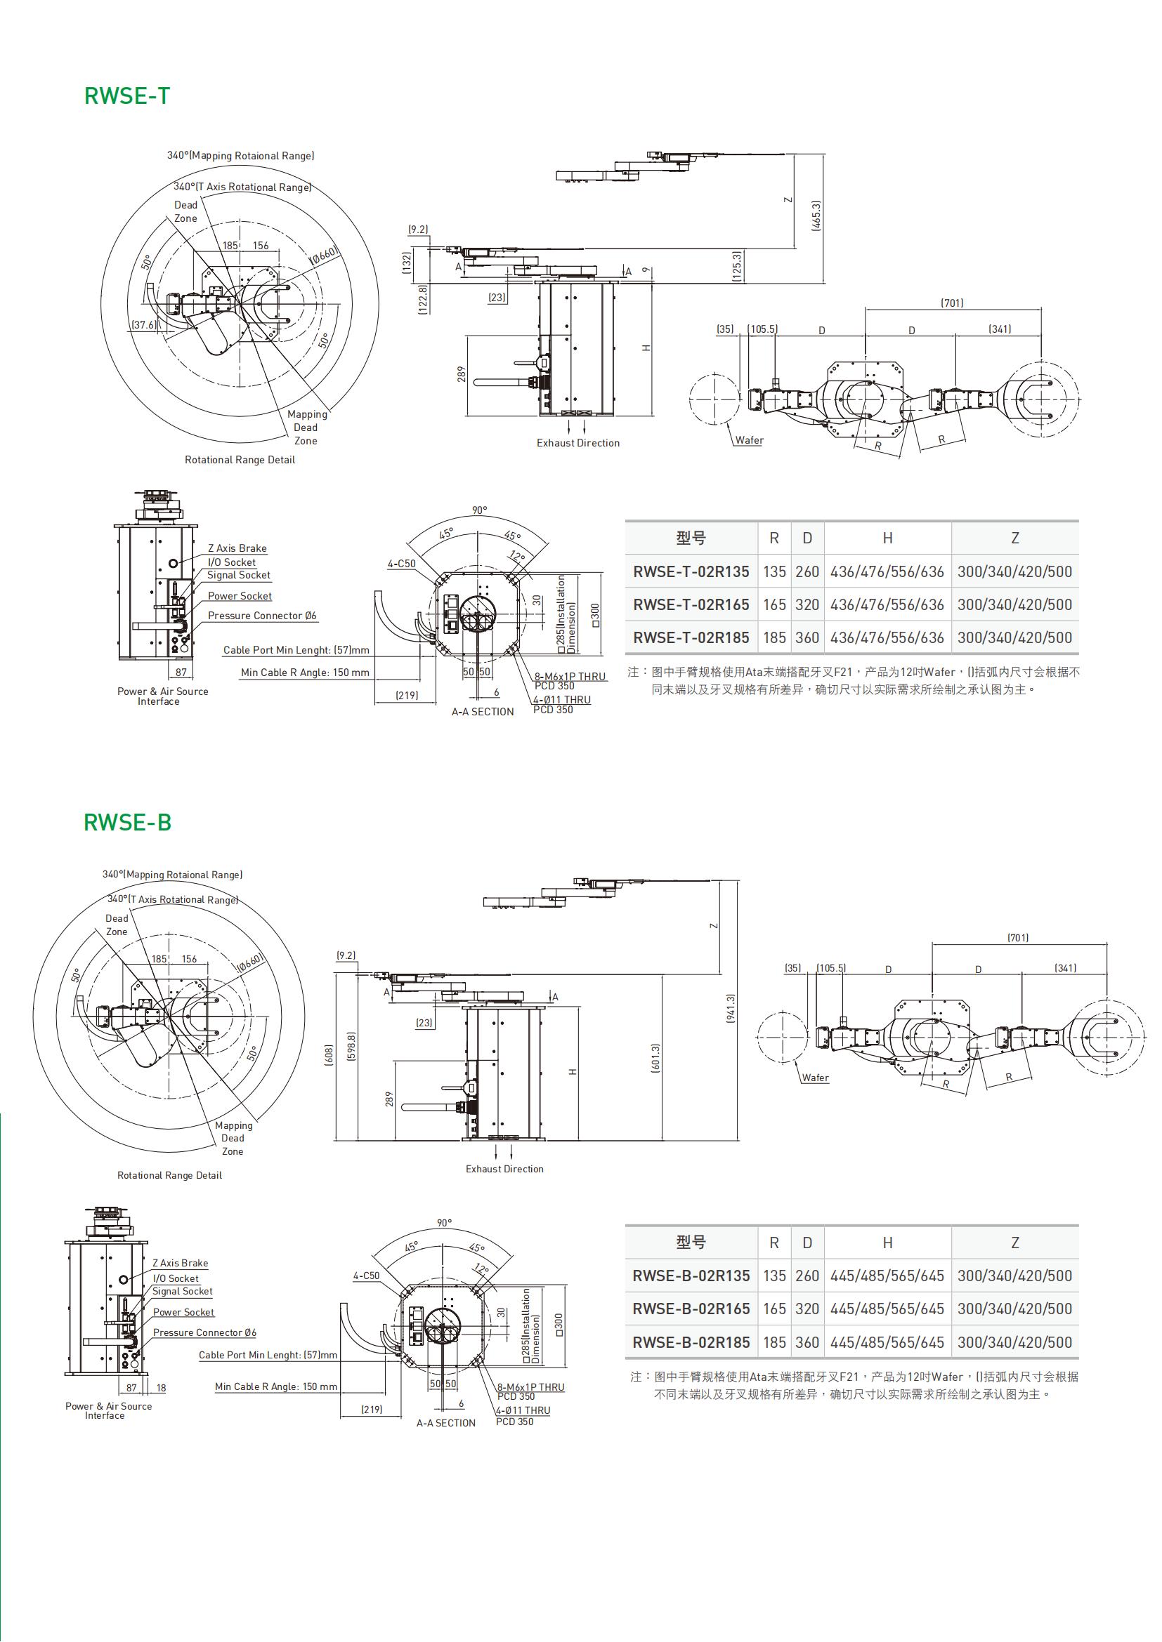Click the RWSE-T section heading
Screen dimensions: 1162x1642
(126, 96)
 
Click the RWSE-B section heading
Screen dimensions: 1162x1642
(127, 823)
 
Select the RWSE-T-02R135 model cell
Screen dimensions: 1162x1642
(691, 571)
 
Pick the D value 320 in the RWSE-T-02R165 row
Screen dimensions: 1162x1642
(807, 604)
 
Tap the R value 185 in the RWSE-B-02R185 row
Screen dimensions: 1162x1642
(774, 1342)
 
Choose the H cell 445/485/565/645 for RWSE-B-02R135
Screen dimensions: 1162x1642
(887, 1276)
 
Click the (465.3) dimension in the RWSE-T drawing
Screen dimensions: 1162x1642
(817, 216)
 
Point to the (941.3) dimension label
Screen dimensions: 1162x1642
(731, 1009)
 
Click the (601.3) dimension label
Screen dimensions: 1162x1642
(656, 1059)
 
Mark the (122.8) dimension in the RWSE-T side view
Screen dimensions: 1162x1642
(423, 299)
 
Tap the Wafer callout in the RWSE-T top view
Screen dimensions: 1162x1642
(749, 441)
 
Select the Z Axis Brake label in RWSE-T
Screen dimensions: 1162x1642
(237, 548)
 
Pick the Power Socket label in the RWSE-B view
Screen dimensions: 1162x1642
(184, 1312)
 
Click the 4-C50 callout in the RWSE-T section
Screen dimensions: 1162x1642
(401, 564)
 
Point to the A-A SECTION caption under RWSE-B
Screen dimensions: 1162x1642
(446, 1423)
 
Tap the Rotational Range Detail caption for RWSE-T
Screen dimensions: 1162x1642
(240, 460)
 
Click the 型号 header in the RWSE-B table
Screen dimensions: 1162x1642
(691, 1243)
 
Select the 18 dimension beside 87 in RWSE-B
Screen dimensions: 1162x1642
(161, 1388)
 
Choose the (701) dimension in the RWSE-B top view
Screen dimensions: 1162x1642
(1017, 938)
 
